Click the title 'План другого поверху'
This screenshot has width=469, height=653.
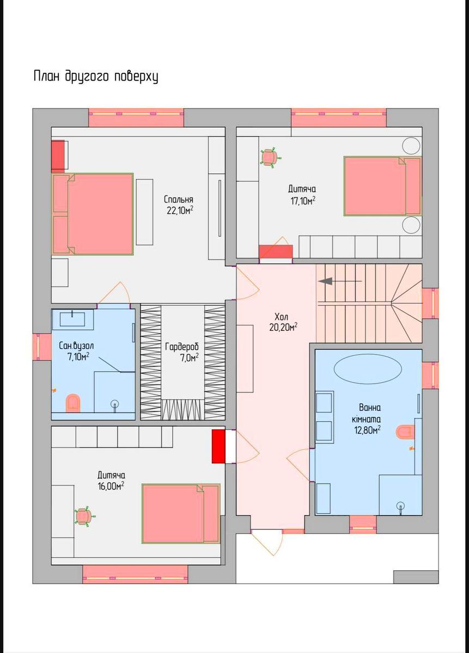(96, 77)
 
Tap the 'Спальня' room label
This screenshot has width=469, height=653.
(178, 200)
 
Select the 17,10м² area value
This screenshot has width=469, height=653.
(303, 201)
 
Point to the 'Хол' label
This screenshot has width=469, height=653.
(281, 317)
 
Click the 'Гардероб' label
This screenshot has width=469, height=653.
(182, 347)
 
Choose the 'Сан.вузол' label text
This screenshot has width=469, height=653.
(76, 346)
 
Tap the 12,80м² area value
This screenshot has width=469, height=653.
(368, 430)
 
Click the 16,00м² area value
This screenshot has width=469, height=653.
(111, 485)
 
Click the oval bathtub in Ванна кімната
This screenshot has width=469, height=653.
(368, 371)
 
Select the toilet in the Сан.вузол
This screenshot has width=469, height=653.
(72, 403)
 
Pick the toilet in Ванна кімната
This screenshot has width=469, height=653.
(406, 432)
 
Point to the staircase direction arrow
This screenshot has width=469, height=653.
(340, 281)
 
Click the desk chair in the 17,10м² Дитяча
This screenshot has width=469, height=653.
(270, 157)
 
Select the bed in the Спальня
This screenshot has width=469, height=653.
(93, 214)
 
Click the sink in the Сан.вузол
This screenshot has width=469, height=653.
(72, 319)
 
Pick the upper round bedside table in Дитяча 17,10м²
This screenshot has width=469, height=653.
(411, 145)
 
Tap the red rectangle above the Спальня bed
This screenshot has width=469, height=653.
(58, 157)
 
